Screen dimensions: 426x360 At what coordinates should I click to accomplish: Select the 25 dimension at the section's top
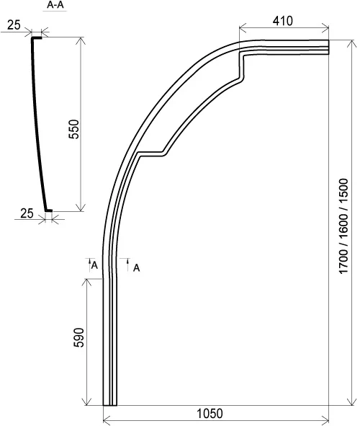(x=12, y=25)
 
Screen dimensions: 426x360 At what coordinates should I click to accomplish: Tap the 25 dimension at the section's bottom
(x=27, y=213)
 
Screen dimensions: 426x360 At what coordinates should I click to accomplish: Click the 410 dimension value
(x=283, y=20)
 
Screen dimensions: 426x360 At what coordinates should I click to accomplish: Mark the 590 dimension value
(x=79, y=340)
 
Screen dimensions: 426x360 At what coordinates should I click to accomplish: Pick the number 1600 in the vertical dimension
(x=344, y=221)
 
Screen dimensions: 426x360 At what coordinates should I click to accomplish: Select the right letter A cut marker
(x=136, y=268)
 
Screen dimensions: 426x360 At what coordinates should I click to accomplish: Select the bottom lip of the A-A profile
(x=48, y=210)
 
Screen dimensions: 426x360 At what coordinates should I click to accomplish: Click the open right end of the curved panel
(x=327, y=47)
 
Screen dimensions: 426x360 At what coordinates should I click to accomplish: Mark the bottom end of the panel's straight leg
(x=109, y=404)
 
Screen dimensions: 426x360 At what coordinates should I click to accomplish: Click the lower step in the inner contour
(x=151, y=152)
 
